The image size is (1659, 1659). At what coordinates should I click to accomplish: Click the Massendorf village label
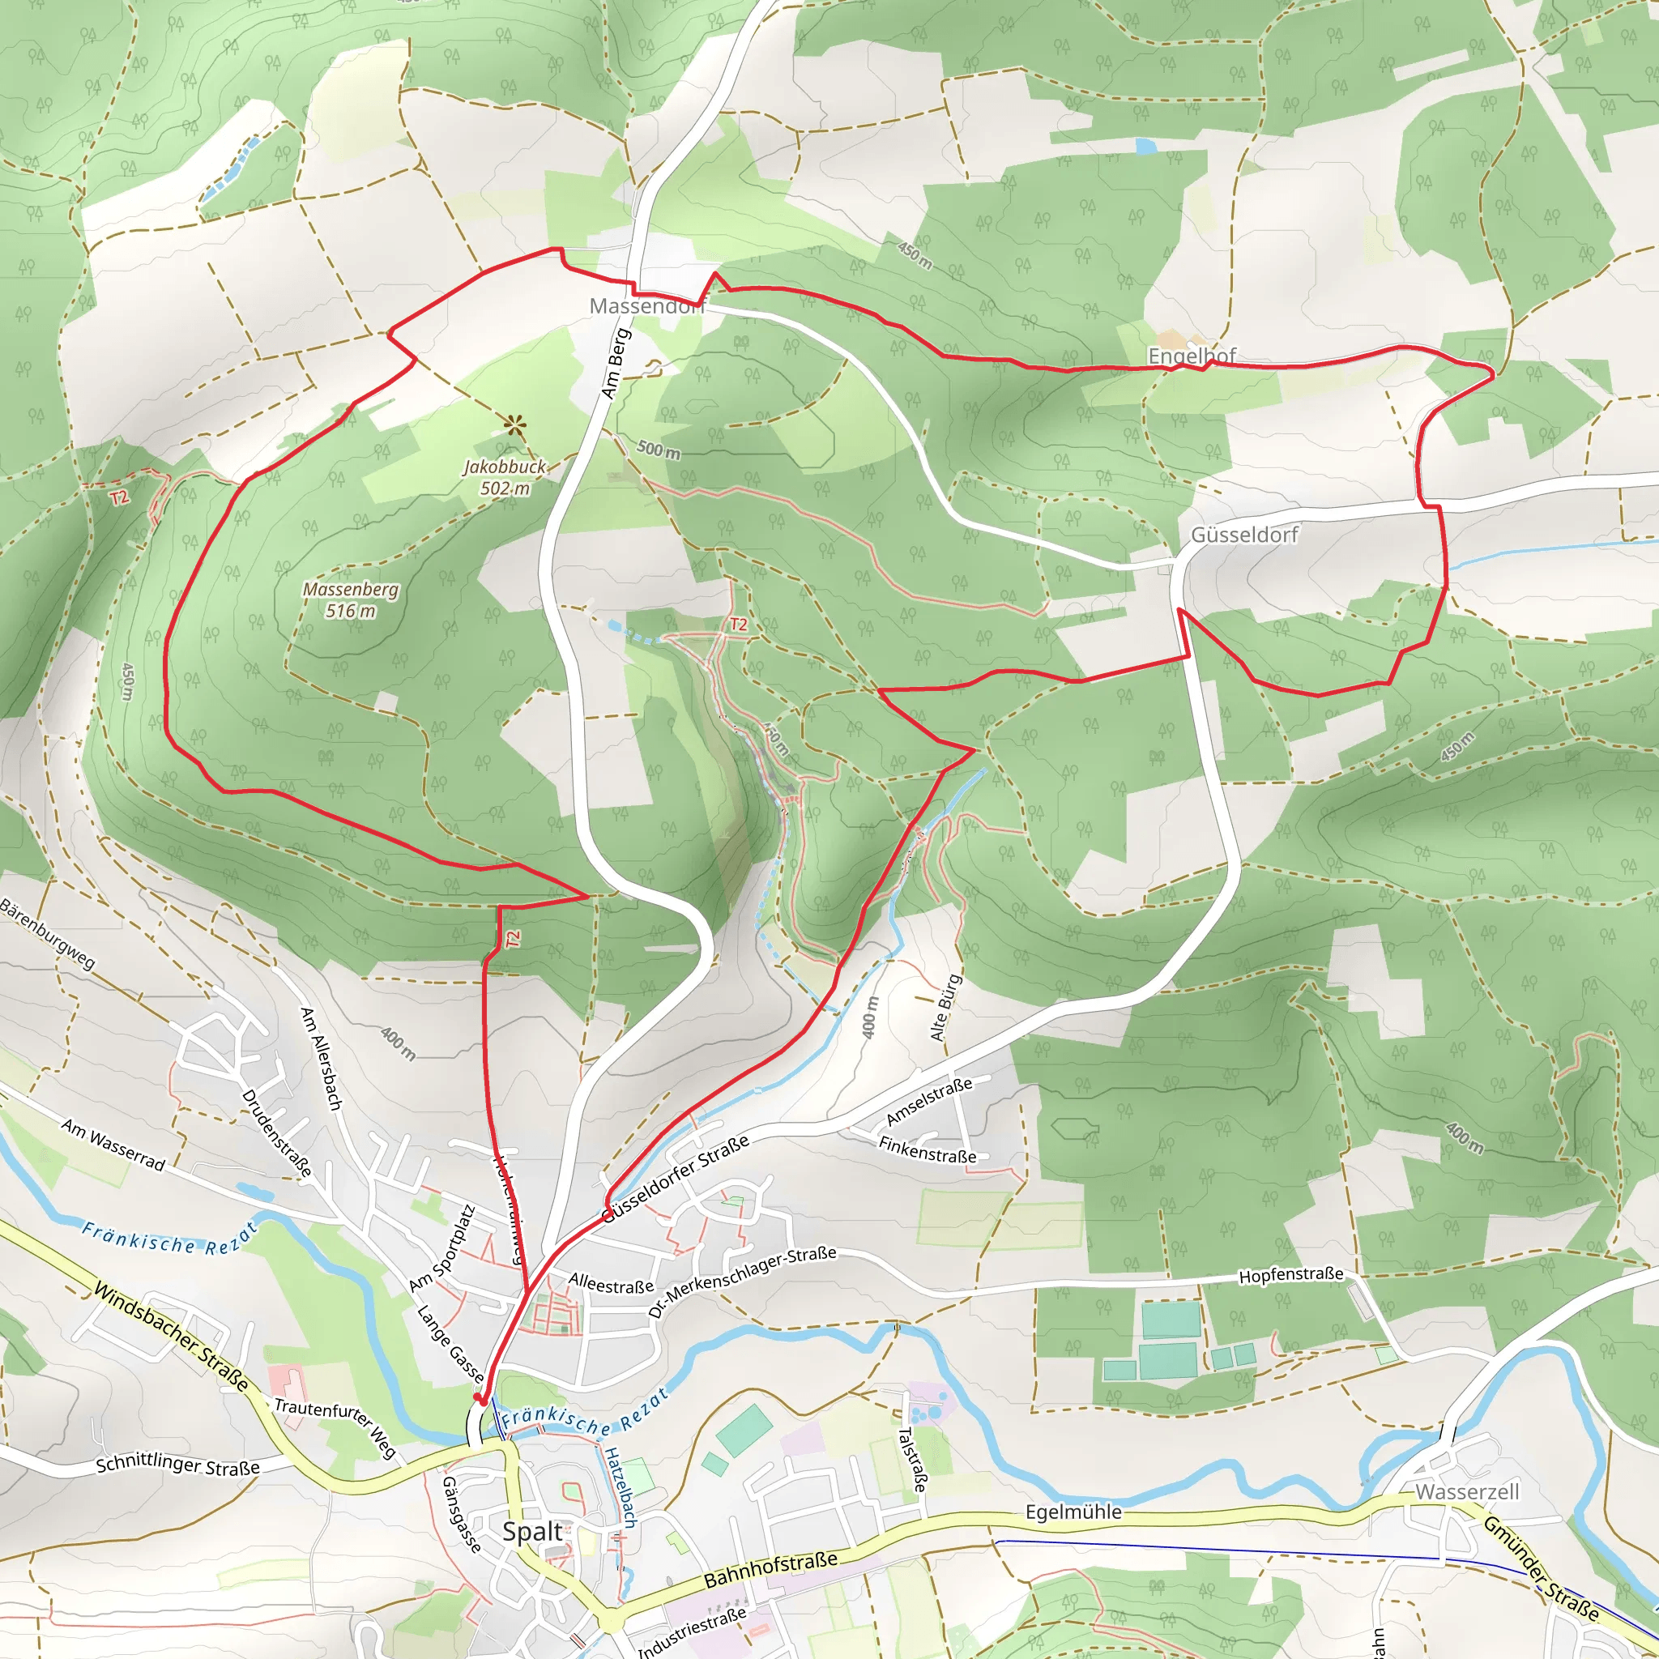[646, 305]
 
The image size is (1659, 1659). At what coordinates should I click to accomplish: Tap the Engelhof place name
[1192, 355]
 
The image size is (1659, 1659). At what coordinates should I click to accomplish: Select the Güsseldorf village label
[1244, 535]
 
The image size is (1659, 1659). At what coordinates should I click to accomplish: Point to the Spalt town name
[532, 1531]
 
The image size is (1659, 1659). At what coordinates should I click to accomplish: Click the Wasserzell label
[1468, 1491]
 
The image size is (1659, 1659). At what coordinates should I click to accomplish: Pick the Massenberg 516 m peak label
[350, 600]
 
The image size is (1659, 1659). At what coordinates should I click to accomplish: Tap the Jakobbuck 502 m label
[505, 477]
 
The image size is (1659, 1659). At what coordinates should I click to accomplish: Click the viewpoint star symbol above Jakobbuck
[514, 424]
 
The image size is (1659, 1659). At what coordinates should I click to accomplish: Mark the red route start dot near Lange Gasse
[478, 1399]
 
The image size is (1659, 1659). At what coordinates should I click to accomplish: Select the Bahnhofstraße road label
[770, 1569]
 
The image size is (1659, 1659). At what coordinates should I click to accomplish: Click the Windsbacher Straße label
[171, 1336]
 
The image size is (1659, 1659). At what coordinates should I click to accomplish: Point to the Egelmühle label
[1073, 1512]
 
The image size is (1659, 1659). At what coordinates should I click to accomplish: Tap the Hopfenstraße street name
[1290, 1275]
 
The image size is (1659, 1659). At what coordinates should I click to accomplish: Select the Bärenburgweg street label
[48, 934]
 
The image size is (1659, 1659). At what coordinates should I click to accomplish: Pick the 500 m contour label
[659, 449]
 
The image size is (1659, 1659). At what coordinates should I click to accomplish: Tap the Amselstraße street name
[929, 1101]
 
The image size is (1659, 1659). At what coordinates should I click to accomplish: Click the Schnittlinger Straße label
[177, 1465]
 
